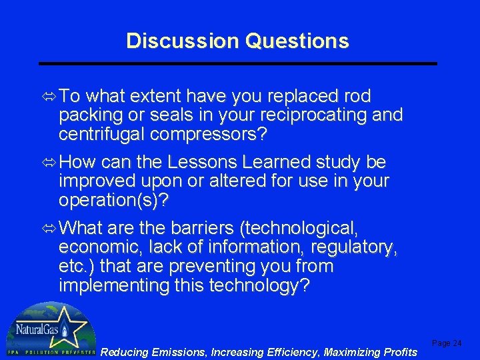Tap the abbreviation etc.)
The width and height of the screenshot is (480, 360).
(77, 266)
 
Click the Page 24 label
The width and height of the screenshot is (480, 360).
(447, 343)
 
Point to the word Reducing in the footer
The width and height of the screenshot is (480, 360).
(125, 352)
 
